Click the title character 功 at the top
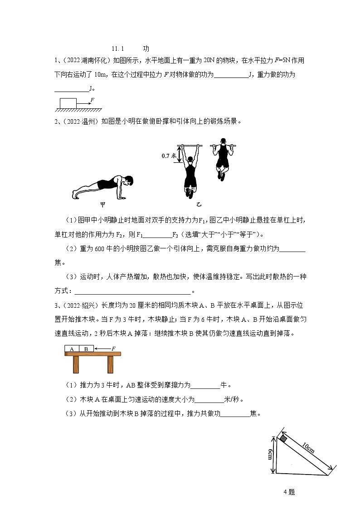146,48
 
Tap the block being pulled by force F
68,102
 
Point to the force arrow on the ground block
85,104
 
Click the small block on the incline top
283,438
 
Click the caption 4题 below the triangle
289,491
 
